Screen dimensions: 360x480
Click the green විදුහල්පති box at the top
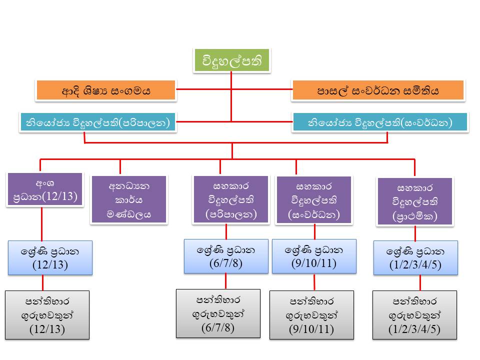pyautogui.click(x=231, y=60)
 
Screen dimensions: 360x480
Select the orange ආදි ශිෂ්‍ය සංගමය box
pyautogui.click(x=106, y=91)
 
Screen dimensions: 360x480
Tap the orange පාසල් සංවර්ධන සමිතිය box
pyautogui.click(x=378, y=91)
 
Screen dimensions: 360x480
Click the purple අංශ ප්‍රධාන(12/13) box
pyautogui.click(x=45, y=189)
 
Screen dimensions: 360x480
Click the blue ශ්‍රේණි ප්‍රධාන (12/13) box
pyautogui.click(x=50, y=258)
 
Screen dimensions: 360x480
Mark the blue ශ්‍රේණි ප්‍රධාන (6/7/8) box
pyautogui.click(x=226, y=256)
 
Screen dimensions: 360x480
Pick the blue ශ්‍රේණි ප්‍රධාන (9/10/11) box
pyautogui.click(x=314, y=256)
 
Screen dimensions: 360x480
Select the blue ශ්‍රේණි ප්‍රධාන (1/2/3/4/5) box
pyautogui.click(x=415, y=258)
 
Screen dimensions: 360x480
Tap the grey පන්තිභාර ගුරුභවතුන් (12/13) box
pyautogui.click(x=47, y=315)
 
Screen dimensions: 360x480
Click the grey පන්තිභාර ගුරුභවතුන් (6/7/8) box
pyautogui.click(x=218, y=313)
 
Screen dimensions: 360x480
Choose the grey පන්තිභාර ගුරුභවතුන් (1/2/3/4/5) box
pyautogui.click(x=415, y=315)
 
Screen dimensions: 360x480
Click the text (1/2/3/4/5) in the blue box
pyautogui.click(x=415, y=265)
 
